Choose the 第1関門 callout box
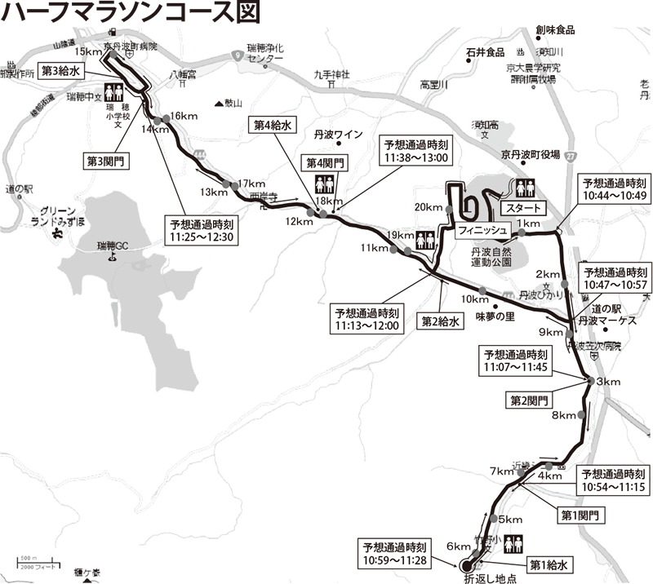point(580,515)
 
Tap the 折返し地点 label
point(490,578)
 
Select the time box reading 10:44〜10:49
point(612,188)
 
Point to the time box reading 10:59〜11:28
point(396,552)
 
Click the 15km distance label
point(96,51)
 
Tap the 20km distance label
point(427,206)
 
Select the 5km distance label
point(509,520)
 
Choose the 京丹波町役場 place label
point(530,153)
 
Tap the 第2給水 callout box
point(442,321)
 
